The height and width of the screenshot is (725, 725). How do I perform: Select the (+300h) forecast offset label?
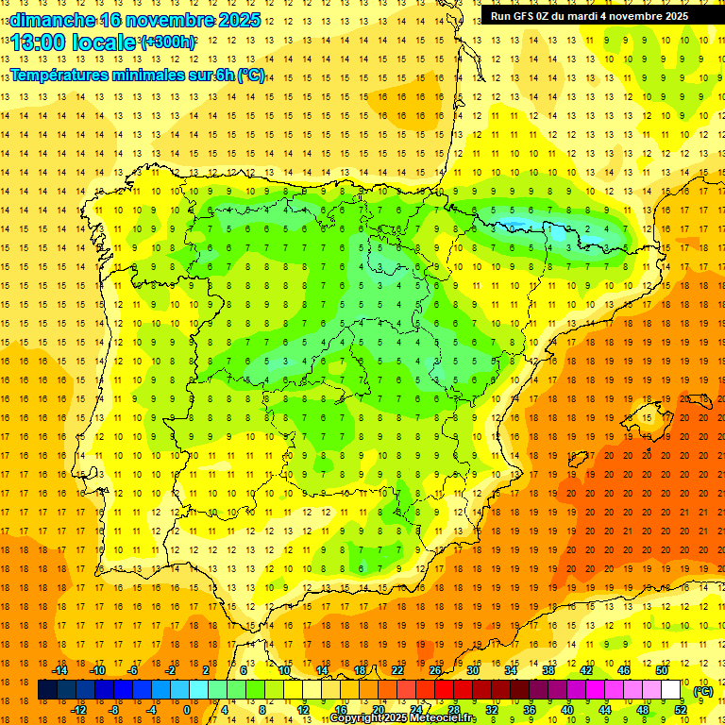[x=168, y=42]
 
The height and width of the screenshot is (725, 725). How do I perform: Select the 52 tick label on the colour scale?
[x=680, y=710]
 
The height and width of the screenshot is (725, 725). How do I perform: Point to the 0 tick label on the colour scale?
[x=187, y=710]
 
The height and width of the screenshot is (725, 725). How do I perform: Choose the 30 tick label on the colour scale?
[x=472, y=670]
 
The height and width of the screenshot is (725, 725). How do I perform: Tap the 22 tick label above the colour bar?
[x=397, y=670]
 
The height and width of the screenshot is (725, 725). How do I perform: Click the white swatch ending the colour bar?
[x=670, y=690]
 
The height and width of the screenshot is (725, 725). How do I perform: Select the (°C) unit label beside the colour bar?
[x=702, y=691]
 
